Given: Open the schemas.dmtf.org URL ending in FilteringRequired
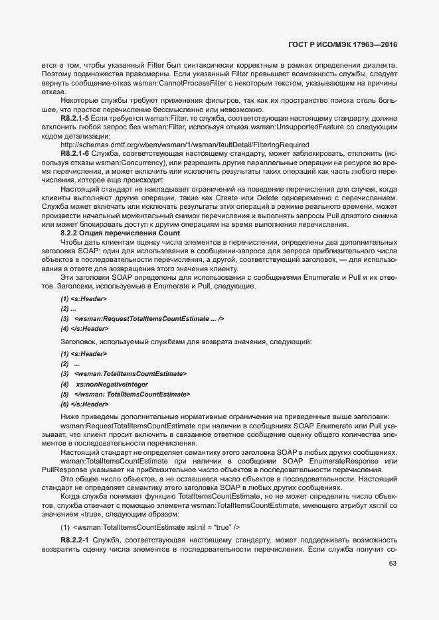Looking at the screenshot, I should coord(184,144).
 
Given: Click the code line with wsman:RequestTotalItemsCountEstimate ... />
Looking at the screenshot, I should coord(142,319).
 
